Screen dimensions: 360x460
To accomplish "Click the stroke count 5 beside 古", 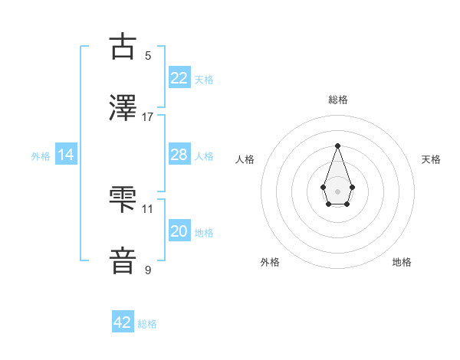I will (x=148, y=56).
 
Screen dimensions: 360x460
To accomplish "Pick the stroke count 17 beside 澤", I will (x=148, y=117).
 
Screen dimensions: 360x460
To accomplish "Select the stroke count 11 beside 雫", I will (x=148, y=208).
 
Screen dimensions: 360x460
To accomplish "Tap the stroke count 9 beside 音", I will (x=148, y=270).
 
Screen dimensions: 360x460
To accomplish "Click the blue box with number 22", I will (x=179, y=78).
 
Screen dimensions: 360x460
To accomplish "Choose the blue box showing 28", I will (x=179, y=155).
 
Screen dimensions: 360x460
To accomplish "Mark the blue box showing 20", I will (x=179, y=231).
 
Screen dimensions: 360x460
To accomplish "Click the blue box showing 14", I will (x=66, y=155).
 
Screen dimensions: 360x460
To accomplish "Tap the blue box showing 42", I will (x=123, y=322).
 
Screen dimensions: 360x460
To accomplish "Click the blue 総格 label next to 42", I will (x=147, y=324).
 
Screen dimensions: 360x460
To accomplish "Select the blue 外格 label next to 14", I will (x=41, y=155).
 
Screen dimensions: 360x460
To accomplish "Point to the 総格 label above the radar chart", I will (x=337, y=100).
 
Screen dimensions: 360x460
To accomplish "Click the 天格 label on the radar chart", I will (x=431, y=159).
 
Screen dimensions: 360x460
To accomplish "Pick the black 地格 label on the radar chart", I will (x=402, y=262).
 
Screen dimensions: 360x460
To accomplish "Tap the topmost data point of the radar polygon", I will (x=337, y=146).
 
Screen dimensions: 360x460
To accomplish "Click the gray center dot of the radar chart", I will (x=337, y=191).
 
